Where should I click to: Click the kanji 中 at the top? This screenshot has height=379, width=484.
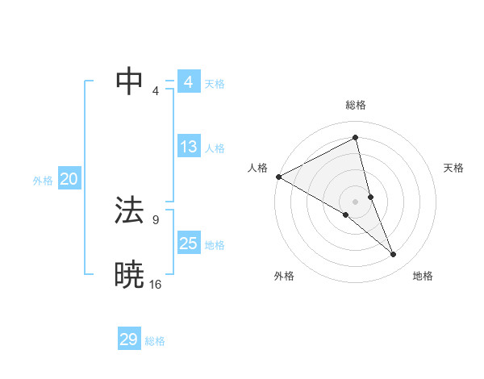129,81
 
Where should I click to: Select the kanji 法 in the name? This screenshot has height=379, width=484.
129,210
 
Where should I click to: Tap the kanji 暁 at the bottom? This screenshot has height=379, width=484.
129,275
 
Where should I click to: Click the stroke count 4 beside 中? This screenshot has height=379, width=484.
156,90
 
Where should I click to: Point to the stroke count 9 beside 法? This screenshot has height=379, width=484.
155,219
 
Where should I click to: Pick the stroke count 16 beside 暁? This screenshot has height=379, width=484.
155,284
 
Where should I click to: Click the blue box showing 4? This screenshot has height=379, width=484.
189,82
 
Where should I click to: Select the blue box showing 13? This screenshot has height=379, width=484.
189,147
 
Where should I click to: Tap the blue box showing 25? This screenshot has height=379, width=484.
189,244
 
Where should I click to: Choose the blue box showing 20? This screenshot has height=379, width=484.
69,180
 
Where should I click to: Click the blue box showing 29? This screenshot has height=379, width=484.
129,339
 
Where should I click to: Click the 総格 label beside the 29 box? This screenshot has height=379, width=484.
155,341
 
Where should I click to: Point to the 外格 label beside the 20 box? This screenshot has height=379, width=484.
43,181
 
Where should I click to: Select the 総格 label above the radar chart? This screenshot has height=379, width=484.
355,105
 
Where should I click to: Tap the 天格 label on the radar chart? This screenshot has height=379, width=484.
453,168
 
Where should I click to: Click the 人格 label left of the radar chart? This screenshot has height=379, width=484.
257,168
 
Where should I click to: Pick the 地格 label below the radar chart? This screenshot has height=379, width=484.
423,277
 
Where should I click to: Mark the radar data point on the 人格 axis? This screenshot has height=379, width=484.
278,177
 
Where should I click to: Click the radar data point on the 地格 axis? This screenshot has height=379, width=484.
394,255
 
